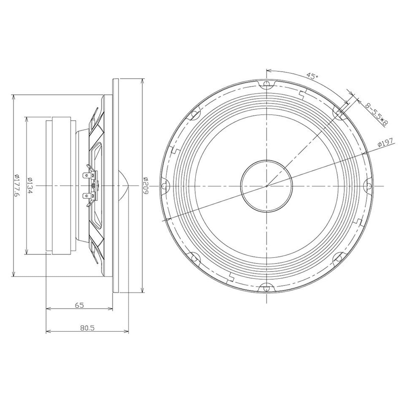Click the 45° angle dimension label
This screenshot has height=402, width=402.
point(312,76)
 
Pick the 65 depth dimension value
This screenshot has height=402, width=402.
point(79,305)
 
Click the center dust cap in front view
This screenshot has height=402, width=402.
point(267,186)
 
